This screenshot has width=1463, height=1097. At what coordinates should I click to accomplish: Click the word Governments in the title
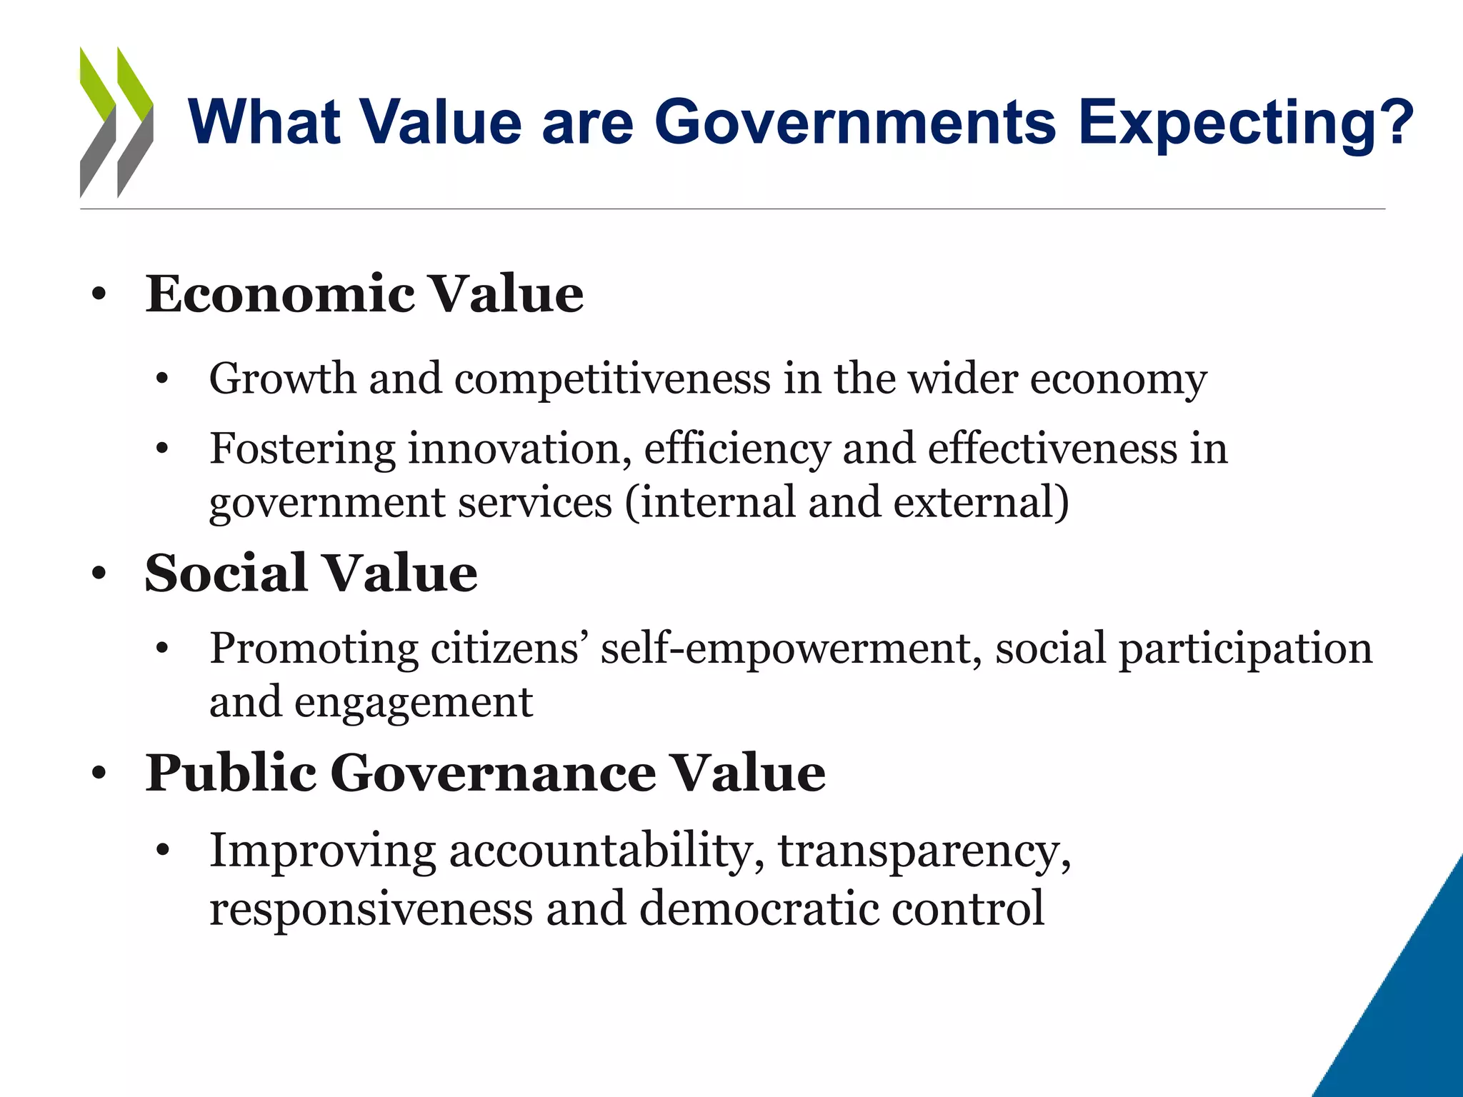[x=855, y=121]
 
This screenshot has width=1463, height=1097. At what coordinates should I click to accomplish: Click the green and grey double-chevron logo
[x=116, y=121]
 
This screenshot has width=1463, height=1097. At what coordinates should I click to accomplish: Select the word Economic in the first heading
[x=280, y=294]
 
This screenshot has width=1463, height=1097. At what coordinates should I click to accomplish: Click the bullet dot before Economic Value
[x=99, y=294]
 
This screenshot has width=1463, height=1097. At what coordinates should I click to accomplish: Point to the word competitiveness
[x=612, y=379]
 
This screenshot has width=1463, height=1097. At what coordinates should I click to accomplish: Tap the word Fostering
[x=302, y=450]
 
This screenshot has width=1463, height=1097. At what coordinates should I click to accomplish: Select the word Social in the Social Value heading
[x=226, y=573]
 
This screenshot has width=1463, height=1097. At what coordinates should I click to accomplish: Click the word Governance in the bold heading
[x=493, y=773]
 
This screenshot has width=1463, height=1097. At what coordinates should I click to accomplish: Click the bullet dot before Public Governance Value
[x=99, y=773]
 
